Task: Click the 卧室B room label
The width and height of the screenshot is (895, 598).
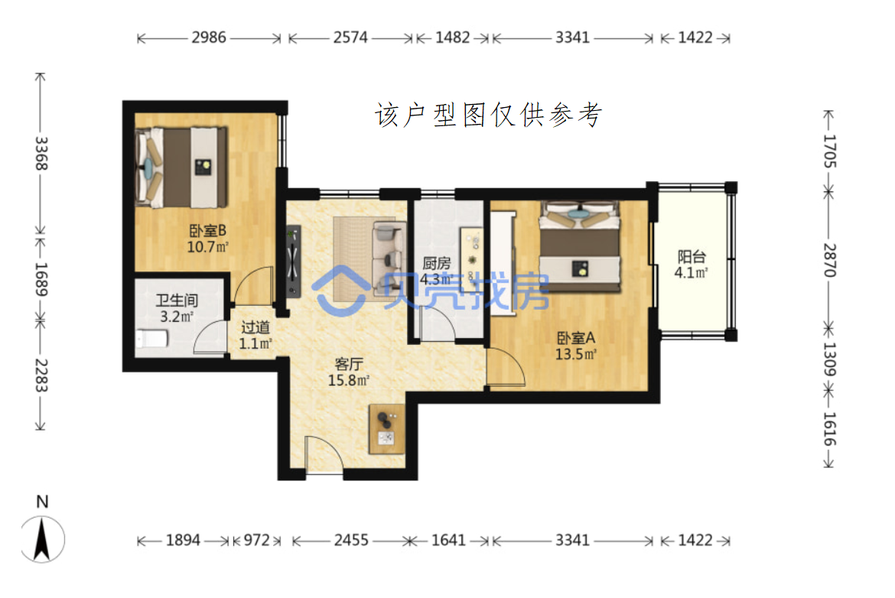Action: pos(208,230)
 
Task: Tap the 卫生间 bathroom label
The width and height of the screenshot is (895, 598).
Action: pos(177,300)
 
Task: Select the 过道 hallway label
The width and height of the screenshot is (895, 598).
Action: pos(255,327)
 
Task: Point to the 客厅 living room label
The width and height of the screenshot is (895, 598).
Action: pos(349,364)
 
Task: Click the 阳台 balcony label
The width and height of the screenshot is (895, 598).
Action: pos(692,257)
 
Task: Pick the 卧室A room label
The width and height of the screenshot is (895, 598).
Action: pos(576,338)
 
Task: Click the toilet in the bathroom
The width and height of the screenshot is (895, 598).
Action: pos(151,338)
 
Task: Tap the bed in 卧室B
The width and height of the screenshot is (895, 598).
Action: pos(181,167)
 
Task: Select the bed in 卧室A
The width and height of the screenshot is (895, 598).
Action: pos(580,245)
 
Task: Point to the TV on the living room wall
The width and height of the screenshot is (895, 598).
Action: pos(294,262)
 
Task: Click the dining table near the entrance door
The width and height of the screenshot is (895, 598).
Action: pos(387,428)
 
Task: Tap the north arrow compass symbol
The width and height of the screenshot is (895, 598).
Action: pos(42,538)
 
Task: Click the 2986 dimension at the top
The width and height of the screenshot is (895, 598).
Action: pos(209,37)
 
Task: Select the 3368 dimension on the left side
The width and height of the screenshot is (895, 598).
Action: pos(41,154)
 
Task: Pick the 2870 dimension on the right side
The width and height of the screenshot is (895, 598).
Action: pos(829,260)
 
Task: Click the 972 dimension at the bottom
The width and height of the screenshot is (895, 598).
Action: pos(256,540)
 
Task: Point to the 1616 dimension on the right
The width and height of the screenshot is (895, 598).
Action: pos(829,429)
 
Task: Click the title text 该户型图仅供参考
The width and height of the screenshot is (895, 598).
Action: pos(489,115)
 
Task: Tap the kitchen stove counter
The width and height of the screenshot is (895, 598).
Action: pos(472,260)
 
